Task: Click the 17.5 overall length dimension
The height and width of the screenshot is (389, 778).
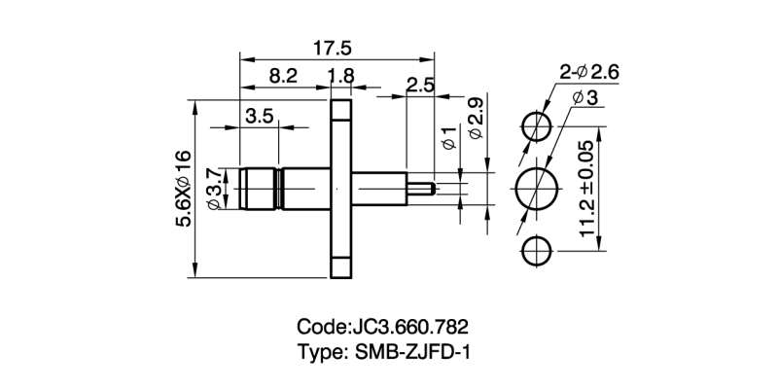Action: click(x=332, y=48)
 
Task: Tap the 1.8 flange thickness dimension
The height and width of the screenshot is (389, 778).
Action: click(x=341, y=75)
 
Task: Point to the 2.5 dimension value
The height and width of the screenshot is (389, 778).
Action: click(x=419, y=85)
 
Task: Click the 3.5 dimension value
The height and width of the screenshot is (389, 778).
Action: click(x=258, y=116)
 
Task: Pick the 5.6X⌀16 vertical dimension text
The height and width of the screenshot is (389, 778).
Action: click(x=183, y=189)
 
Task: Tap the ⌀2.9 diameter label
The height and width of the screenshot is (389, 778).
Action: click(x=475, y=118)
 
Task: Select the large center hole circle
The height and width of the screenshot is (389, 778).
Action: click(x=536, y=189)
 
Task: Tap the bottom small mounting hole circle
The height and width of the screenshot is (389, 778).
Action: click(x=536, y=251)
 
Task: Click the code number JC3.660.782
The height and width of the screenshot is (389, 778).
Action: click(x=414, y=325)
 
